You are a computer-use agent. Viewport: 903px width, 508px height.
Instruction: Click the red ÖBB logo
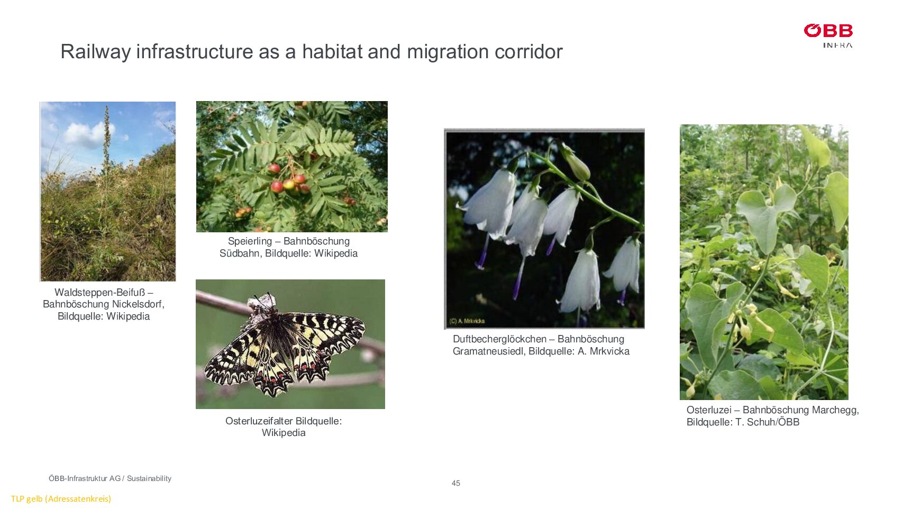click(x=828, y=31)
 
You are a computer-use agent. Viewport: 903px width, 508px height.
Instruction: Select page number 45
click(x=456, y=483)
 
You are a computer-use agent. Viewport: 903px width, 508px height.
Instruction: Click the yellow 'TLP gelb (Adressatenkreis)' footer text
click(x=61, y=498)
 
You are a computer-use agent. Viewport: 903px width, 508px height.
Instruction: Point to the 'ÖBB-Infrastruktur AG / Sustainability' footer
click(x=110, y=478)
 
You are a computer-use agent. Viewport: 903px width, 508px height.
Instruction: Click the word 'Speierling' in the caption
click(x=250, y=241)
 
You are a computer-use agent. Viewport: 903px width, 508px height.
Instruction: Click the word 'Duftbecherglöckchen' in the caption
click(x=499, y=339)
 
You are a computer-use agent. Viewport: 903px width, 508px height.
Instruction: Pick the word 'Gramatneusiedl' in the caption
click(x=489, y=351)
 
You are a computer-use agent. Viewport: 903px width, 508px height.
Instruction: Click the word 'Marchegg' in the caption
click(x=835, y=410)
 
